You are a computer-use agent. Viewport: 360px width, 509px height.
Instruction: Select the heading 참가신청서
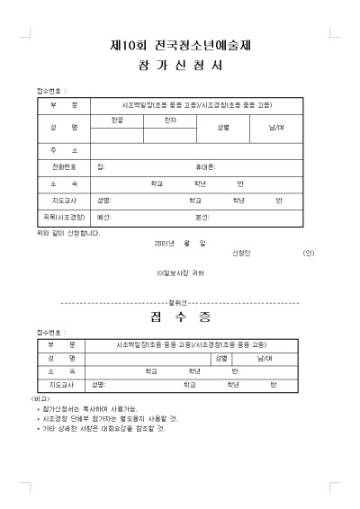coord(180,67)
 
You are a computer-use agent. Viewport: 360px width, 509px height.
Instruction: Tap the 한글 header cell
coord(116,120)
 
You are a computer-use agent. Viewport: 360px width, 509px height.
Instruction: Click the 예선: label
coord(103,217)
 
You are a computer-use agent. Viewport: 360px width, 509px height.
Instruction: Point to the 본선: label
coord(202,217)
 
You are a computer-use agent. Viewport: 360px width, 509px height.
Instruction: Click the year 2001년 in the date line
coord(165,243)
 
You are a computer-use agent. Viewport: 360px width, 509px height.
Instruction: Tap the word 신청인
coord(242,253)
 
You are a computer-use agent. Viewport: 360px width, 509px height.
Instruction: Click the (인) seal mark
coord(309,253)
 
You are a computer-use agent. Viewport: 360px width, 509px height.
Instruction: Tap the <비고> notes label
coord(40,397)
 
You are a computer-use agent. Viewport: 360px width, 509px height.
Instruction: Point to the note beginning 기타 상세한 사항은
coord(104,428)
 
